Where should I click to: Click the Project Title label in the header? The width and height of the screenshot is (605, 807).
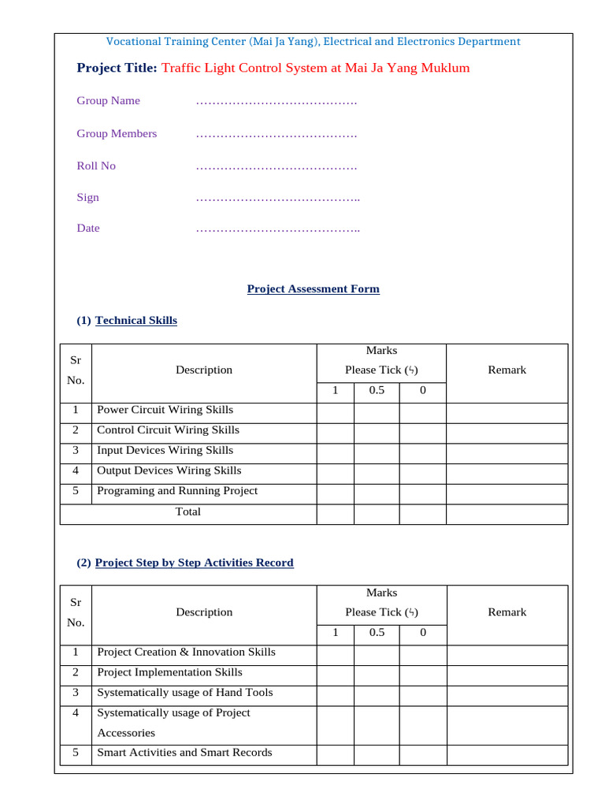[x=117, y=69]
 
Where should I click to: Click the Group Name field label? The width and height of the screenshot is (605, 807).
[x=108, y=101]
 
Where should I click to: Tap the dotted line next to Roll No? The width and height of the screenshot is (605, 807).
[x=276, y=166]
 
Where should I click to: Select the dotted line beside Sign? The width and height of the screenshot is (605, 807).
[x=277, y=198]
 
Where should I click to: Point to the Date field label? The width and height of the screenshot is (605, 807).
[x=88, y=229]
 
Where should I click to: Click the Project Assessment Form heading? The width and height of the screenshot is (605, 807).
[x=313, y=289]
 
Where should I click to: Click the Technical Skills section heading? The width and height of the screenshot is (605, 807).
[x=135, y=321]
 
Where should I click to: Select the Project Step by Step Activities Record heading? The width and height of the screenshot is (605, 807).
[x=194, y=563]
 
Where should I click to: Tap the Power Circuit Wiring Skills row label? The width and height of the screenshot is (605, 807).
[x=165, y=410]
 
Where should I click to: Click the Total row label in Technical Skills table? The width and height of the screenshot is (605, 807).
[x=187, y=511]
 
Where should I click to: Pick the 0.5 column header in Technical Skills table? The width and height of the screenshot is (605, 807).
[x=377, y=391]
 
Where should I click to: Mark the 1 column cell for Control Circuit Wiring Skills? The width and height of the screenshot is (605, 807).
[x=335, y=431]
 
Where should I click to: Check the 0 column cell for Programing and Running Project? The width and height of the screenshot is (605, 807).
[x=422, y=492]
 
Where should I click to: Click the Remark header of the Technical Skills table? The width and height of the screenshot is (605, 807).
[x=507, y=370]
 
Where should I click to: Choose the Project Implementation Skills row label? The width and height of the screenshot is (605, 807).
[x=169, y=672]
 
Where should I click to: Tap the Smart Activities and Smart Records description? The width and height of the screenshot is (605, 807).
[x=184, y=753]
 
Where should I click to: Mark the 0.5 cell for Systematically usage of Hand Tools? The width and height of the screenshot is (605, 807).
[x=377, y=694]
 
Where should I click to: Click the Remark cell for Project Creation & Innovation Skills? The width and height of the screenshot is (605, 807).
[x=507, y=653]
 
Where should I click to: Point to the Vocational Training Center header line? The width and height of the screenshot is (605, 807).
[x=313, y=42]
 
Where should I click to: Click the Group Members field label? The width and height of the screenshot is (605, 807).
[x=117, y=134]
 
